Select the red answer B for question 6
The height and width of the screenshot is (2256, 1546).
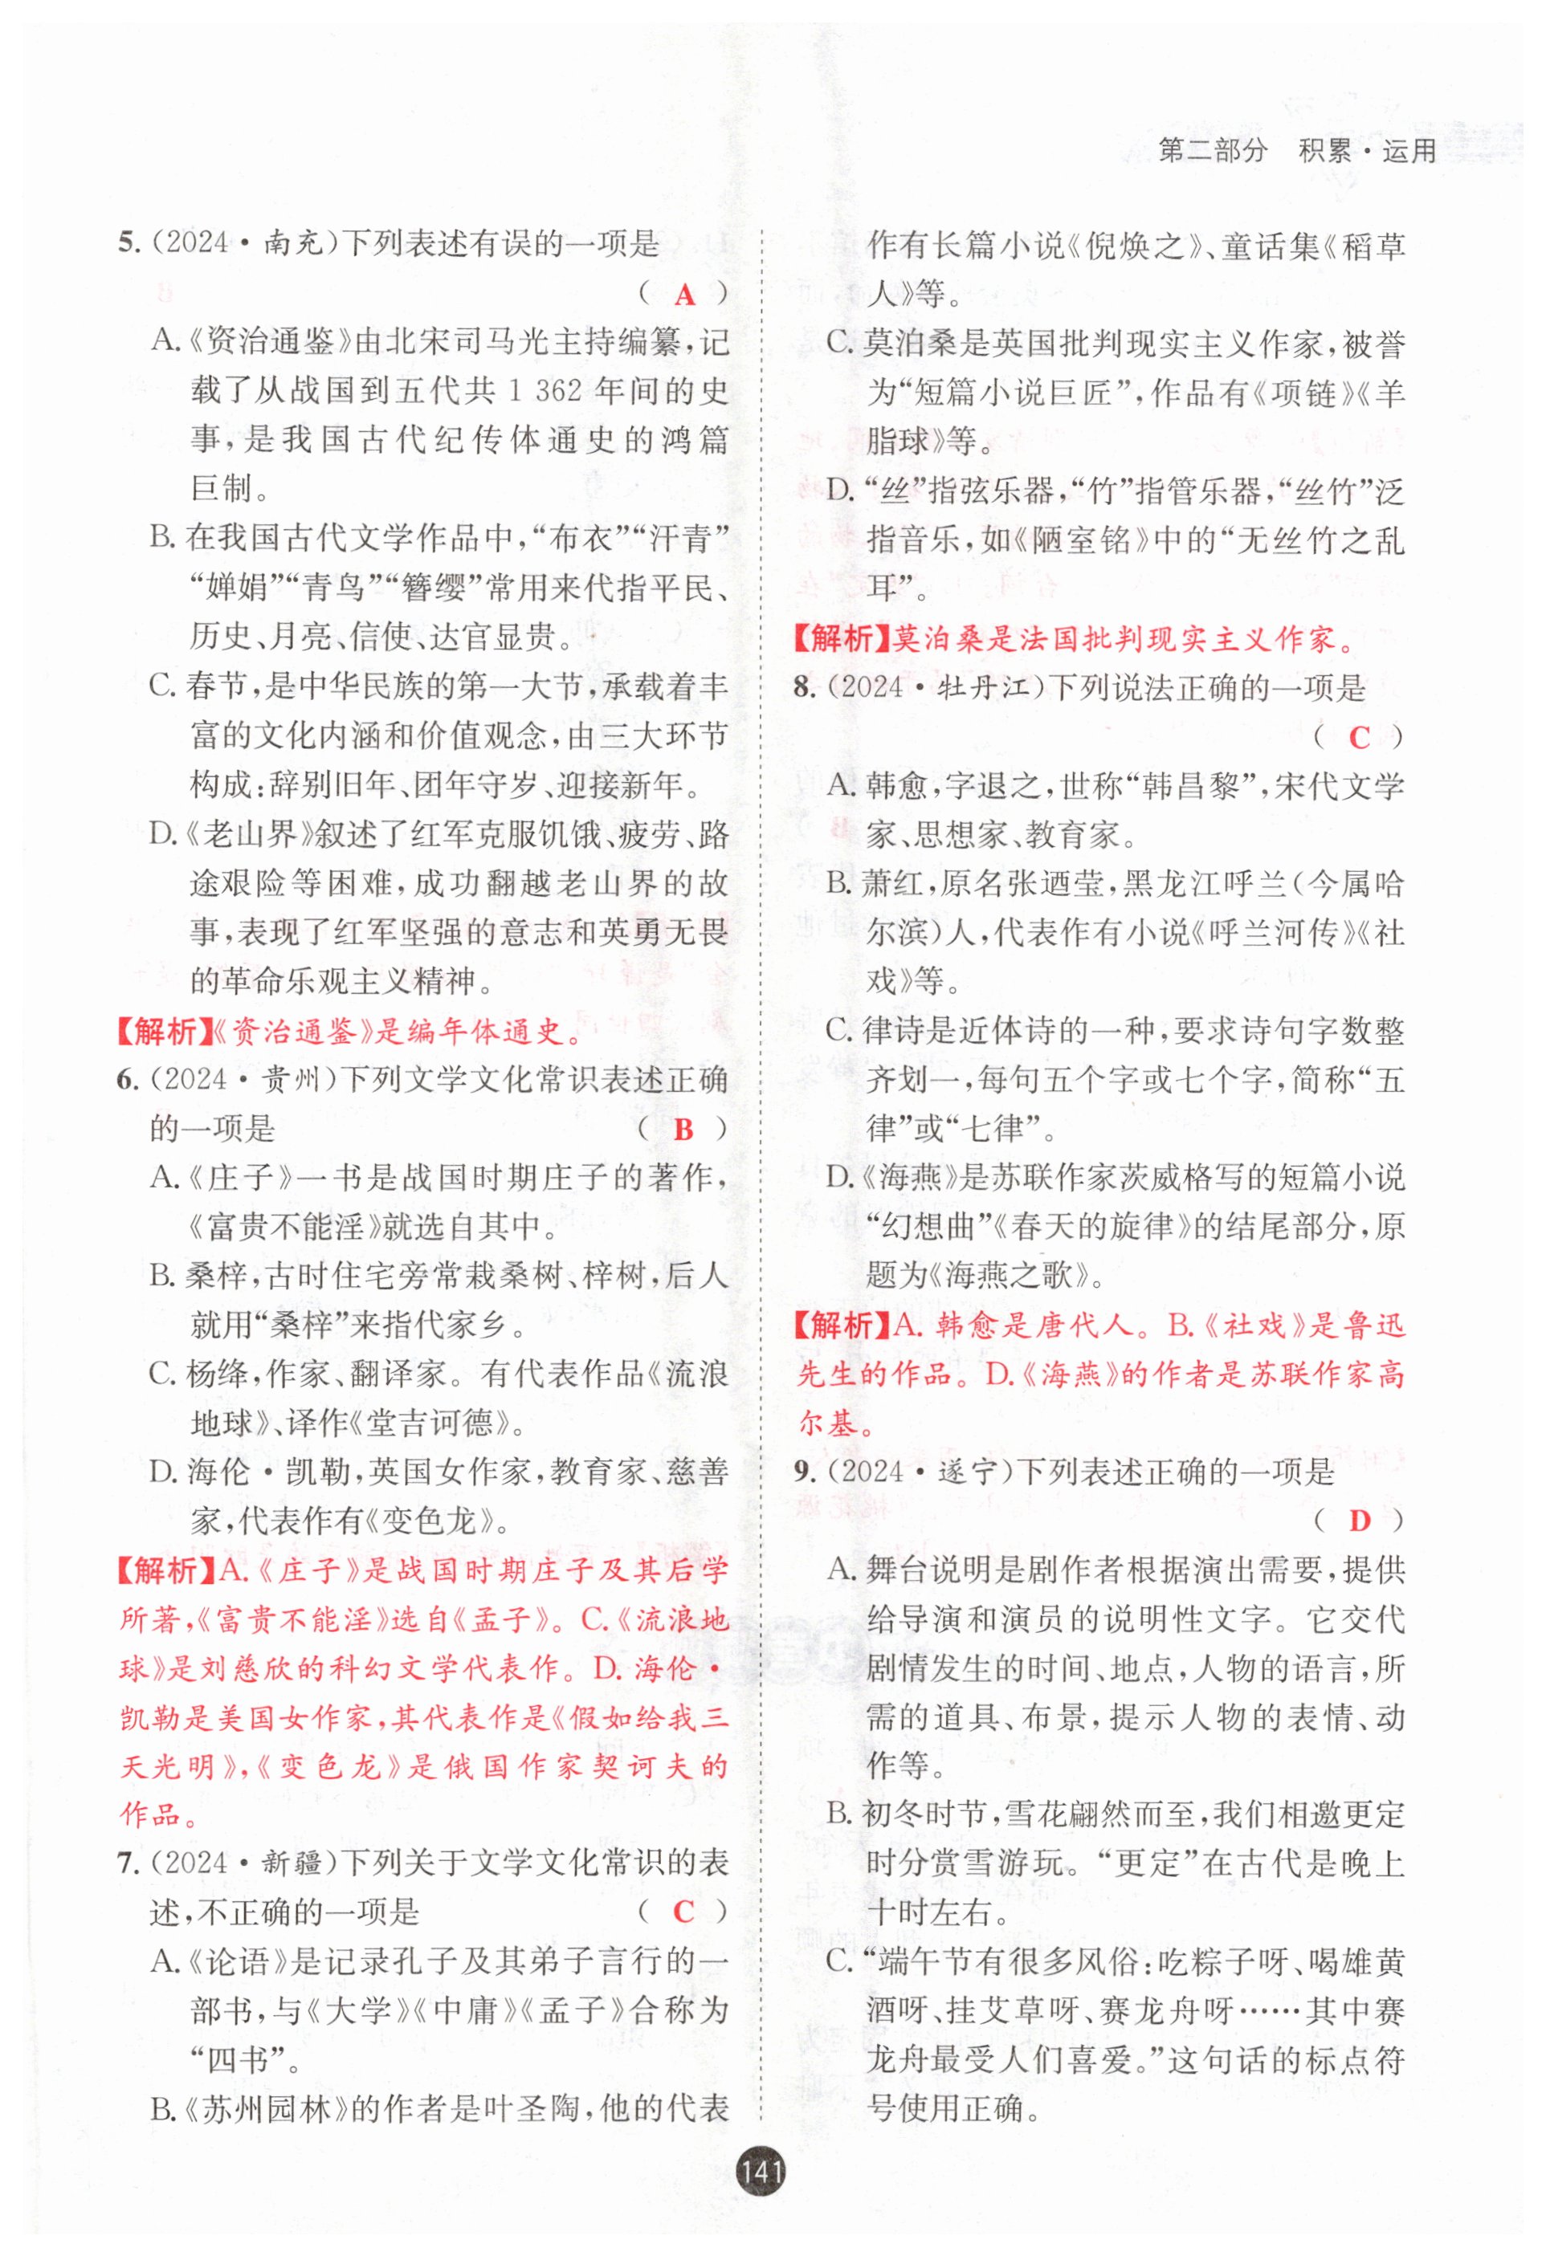[x=683, y=1129]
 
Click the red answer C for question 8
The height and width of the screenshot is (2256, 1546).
[x=1359, y=738]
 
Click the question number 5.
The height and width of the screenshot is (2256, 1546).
[x=126, y=242]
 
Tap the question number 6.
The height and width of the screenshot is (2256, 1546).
[x=126, y=1080]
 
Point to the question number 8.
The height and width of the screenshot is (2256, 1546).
[x=803, y=688]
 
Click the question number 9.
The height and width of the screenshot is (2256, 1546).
[x=803, y=1472]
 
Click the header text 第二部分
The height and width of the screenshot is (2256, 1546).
[x=1213, y=152]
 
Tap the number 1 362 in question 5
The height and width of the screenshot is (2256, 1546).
[x=545, y=391]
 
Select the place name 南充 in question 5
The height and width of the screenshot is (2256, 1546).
[x=292, y=242]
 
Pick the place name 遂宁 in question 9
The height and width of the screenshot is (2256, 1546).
[x=969, y=1472]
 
